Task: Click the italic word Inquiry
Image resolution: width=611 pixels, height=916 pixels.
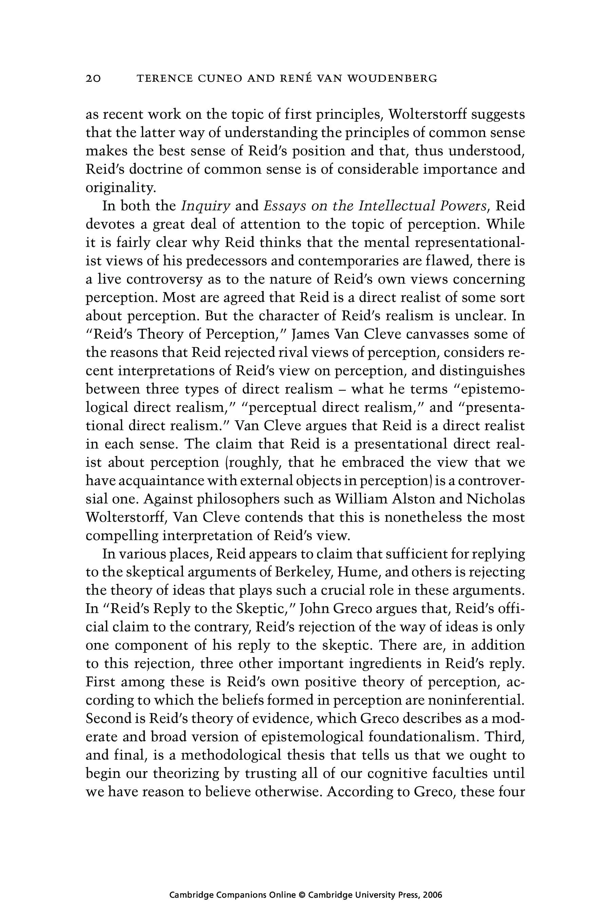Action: coord(206,206)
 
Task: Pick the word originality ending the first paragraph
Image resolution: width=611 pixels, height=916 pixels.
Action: coord(121,188)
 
